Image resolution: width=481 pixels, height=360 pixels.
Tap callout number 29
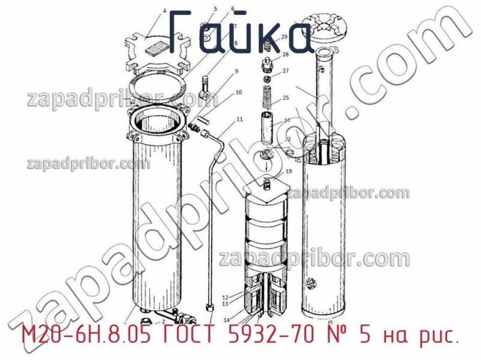tap(284, 37)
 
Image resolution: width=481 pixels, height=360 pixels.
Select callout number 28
tap(285, 55)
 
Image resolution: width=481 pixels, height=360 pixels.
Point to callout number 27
tap(286, 71)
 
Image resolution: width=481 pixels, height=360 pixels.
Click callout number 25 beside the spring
tap(286, 98)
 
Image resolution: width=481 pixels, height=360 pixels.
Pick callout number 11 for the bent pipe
tap(239, 120)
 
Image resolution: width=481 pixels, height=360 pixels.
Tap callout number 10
tap(239, 93)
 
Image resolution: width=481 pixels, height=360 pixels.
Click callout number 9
tap(236, 72)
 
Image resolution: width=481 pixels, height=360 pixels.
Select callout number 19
tap(288, 171)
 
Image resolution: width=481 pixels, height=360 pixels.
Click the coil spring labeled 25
tap(265, 97)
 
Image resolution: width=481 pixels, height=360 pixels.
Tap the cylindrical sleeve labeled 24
tap(267, 127)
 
